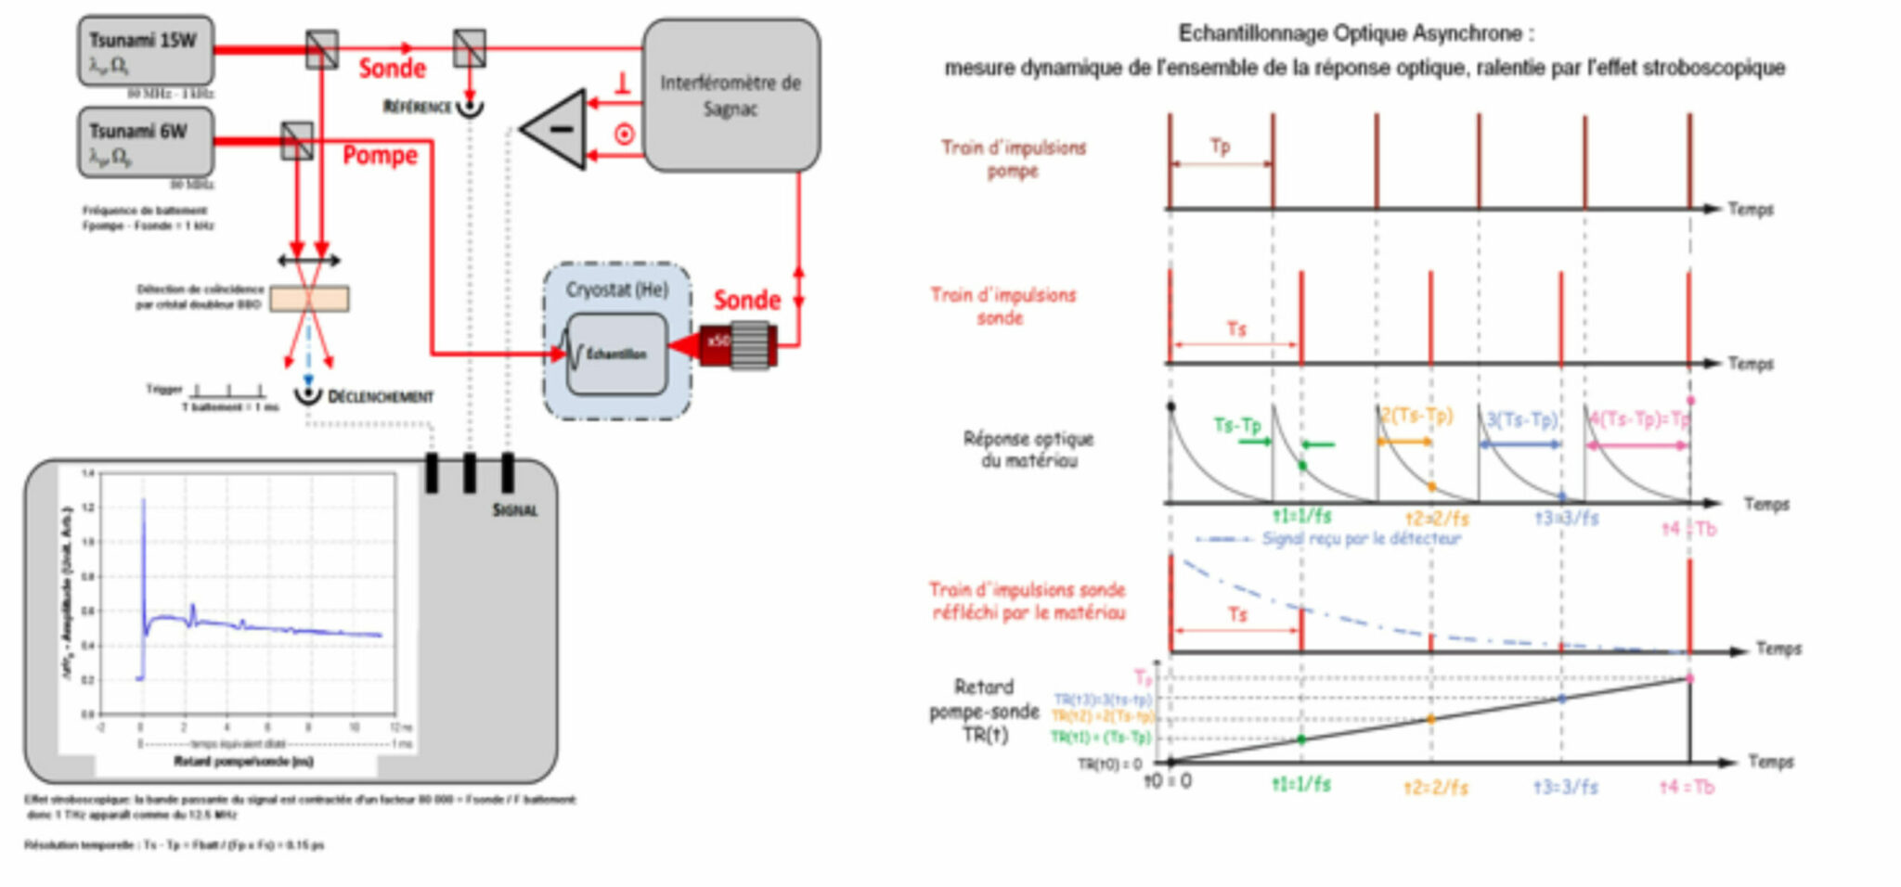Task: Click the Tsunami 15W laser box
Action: pyautogui.click(x=146, y=50)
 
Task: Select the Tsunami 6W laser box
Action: pyautogui.click(x=146, y=141)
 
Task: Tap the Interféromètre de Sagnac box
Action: pyautogui.click(x=731, y=96)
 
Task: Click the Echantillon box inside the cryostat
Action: pyautogui.click(x=616, y=354)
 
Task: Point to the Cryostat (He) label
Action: pyautogui.click(x=616, y=289)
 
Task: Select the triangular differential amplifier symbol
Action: pyautogui.click(x=557, y=130)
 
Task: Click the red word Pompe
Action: pyautogui.click(x=380, y=155)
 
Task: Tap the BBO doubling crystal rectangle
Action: pyautogui.click(x=309, y=299)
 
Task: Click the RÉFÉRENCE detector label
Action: pyautogui.click(x=417, y=107)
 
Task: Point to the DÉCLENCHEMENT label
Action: pyautogui.click(x=380, y=397)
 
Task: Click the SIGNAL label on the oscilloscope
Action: pyautogui.click(x=514, y=510)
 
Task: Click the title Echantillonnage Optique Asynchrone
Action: pyautogui.click(x=1355, y=33)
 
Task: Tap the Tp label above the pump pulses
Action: pyautogui.click(x=1220, y=146)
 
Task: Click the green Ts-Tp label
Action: pyautogui.click(x=1236, y=425)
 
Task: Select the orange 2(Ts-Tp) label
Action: pyautogui.click(x=1416, y=415)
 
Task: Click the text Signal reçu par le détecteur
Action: pyautogui.click(x=1361, y=538)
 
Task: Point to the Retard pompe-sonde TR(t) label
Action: pyautogui.click(x=985, y=711)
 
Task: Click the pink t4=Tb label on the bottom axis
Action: pyautogui.click(x=1687, y=787)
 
